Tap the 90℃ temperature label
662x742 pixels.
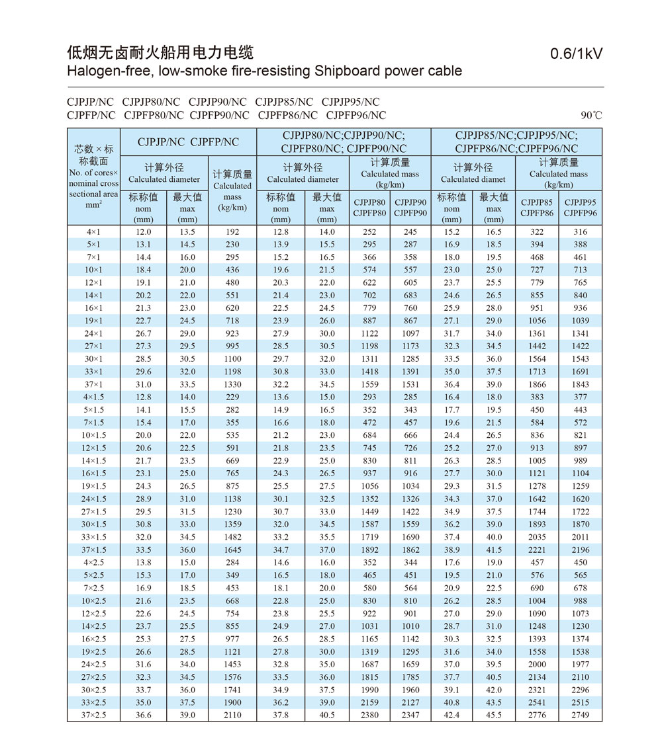[592, 115]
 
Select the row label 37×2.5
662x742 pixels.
[93, 715]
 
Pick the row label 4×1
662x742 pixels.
[93, 231]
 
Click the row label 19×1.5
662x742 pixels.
[93, 486]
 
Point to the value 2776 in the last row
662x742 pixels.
[537, 715]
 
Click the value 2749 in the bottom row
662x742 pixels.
[580, 715]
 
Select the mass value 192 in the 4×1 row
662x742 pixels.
[232, 231]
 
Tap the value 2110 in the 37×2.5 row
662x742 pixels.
[232, 715]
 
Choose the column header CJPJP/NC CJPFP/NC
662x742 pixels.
[188, 142]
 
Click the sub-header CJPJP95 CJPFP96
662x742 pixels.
[580, 208]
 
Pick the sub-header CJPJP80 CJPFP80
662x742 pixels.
[369, 208]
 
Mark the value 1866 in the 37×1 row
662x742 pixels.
[537, 384]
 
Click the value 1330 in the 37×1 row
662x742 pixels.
[232, 384]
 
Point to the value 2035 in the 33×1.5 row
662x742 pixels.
[537, 537]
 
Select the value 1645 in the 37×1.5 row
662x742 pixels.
[232, 550]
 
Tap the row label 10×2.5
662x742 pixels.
[93, 600]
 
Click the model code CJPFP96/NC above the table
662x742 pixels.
[356, 115]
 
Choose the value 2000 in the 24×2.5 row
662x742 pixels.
[537, 664]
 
